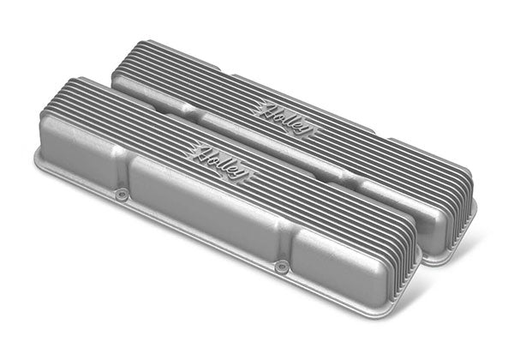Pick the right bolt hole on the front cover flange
click(x=279, y=267)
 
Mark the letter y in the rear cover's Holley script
click(x=309, y=131)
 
